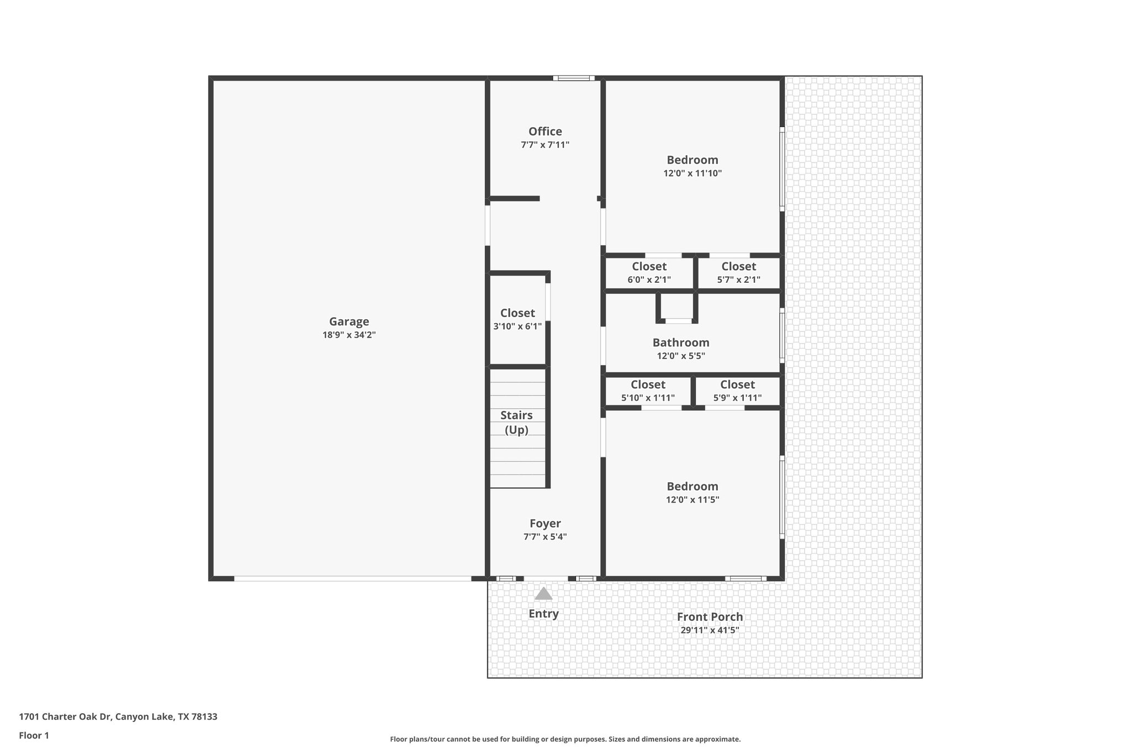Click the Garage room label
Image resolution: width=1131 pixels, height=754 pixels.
(349, 321)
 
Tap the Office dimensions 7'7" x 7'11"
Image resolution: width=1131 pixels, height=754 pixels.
(545, 145)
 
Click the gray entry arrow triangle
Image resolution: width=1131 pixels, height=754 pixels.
(543, 594)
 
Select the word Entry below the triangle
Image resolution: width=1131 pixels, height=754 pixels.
(543, 614)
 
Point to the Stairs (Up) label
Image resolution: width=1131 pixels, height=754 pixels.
(517, 422)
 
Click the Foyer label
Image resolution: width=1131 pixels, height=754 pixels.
(545, 523)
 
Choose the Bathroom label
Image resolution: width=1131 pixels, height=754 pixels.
(680, 342)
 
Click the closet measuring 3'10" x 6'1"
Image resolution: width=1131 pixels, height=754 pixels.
(517, 319)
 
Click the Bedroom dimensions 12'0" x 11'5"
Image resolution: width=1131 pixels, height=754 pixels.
(692, 500)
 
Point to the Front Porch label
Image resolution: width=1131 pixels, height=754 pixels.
(710, 617)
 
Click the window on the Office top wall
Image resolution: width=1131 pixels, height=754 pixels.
(574, 78)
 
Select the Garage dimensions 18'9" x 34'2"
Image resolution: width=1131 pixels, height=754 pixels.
(349, 335)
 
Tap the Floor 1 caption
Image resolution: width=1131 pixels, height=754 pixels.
(34, 735)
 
